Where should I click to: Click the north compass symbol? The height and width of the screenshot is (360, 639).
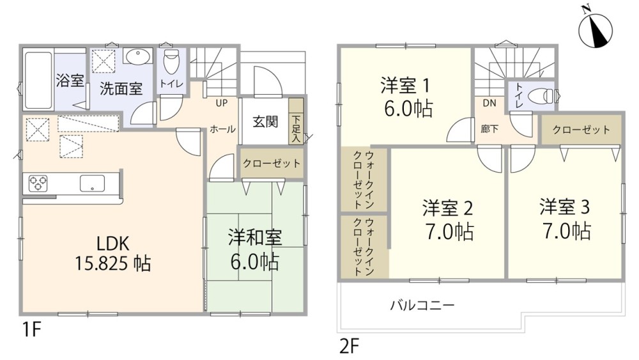click(595, 28)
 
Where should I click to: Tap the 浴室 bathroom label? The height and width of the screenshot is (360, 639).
click(70, 81)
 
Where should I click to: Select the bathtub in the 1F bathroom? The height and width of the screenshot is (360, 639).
click(37, 80)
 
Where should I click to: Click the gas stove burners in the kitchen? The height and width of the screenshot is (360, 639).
click(38, 184)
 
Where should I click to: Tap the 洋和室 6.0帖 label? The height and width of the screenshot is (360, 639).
click(255, 249)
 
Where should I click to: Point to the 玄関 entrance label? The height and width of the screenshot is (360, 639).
click(265, 121)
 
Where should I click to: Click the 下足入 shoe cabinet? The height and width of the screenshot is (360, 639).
click(296, 128)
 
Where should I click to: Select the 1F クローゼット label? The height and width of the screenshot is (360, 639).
click(271, 163)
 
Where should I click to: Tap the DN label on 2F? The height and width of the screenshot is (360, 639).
click(489, 103)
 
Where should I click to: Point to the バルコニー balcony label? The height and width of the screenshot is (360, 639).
click(422, 306)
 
